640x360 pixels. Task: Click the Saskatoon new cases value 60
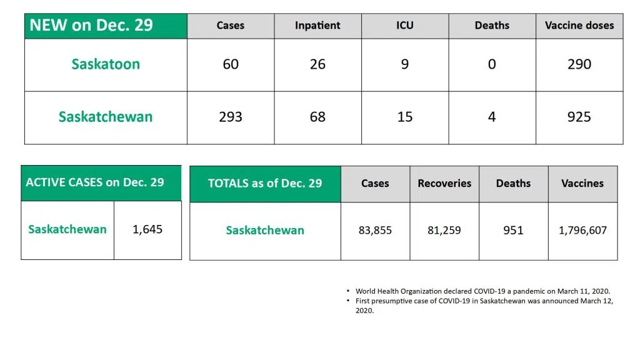pyautogui.click(x=231, y=64)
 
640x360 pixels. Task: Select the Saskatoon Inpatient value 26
pyautogui.click(x=317, y=64)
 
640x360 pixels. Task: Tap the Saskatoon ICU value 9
pyautogui.click(x=405, y=64)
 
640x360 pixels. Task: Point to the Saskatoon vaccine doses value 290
pyautogui.click(x=579, y=64)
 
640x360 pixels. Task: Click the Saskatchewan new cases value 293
pyautogui.click(x=231, y=117)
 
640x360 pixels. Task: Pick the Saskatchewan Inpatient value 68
pyautogui.click(x=317, y=117)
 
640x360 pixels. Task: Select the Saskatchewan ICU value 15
pyautogui.click(x=405, y=117)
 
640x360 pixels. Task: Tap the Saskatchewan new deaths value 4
pyautogui.click(x=492, y=117)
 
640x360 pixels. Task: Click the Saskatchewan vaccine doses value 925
pyautogui.click(x=579, y=117)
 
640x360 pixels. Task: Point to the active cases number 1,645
pyautogui.click(x=147, y=229)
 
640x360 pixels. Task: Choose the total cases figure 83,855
pyautogui.click(x=375, y=231)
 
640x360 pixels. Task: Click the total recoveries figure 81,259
pyautogui.click(x=444, y=231)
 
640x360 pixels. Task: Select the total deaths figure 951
pyautogui.click(x=514, y=231)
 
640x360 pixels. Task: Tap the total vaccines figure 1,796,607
pyautogui.click(x=582, y=231)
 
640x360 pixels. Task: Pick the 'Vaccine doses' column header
pyautogui.click(x=579, y=26)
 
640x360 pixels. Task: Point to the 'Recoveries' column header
pyautogui.click(x=444, y=184)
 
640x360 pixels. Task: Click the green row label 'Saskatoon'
pyautogui.click(x=106, y=64)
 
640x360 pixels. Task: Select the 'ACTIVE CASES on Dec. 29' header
pyautogui.click(x=95, y=182)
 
